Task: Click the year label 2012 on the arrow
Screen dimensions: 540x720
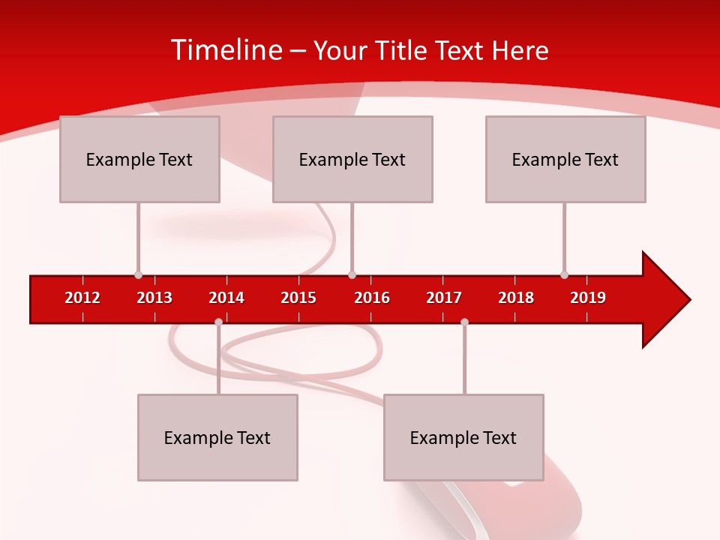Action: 82,298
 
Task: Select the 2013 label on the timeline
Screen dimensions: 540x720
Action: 154,298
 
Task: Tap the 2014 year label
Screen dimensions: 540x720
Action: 226,298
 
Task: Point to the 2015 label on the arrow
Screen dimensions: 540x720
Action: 298,298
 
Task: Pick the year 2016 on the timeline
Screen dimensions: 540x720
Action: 372,298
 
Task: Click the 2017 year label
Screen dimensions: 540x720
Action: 444,298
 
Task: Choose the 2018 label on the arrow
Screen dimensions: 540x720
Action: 516,298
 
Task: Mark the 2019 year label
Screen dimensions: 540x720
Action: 588,298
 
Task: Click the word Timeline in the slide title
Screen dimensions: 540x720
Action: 226,50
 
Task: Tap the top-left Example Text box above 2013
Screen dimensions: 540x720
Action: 139,159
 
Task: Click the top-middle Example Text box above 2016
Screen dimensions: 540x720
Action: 352,159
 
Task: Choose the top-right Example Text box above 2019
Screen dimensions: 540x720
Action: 565,159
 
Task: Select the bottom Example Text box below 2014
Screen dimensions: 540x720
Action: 217,438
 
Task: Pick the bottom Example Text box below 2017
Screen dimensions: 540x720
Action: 463,438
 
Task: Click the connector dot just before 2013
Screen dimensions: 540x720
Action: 138,274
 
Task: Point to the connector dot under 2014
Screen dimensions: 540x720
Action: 218,322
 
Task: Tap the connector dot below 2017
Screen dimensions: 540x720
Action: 464,322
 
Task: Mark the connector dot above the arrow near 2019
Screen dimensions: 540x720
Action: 564,274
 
